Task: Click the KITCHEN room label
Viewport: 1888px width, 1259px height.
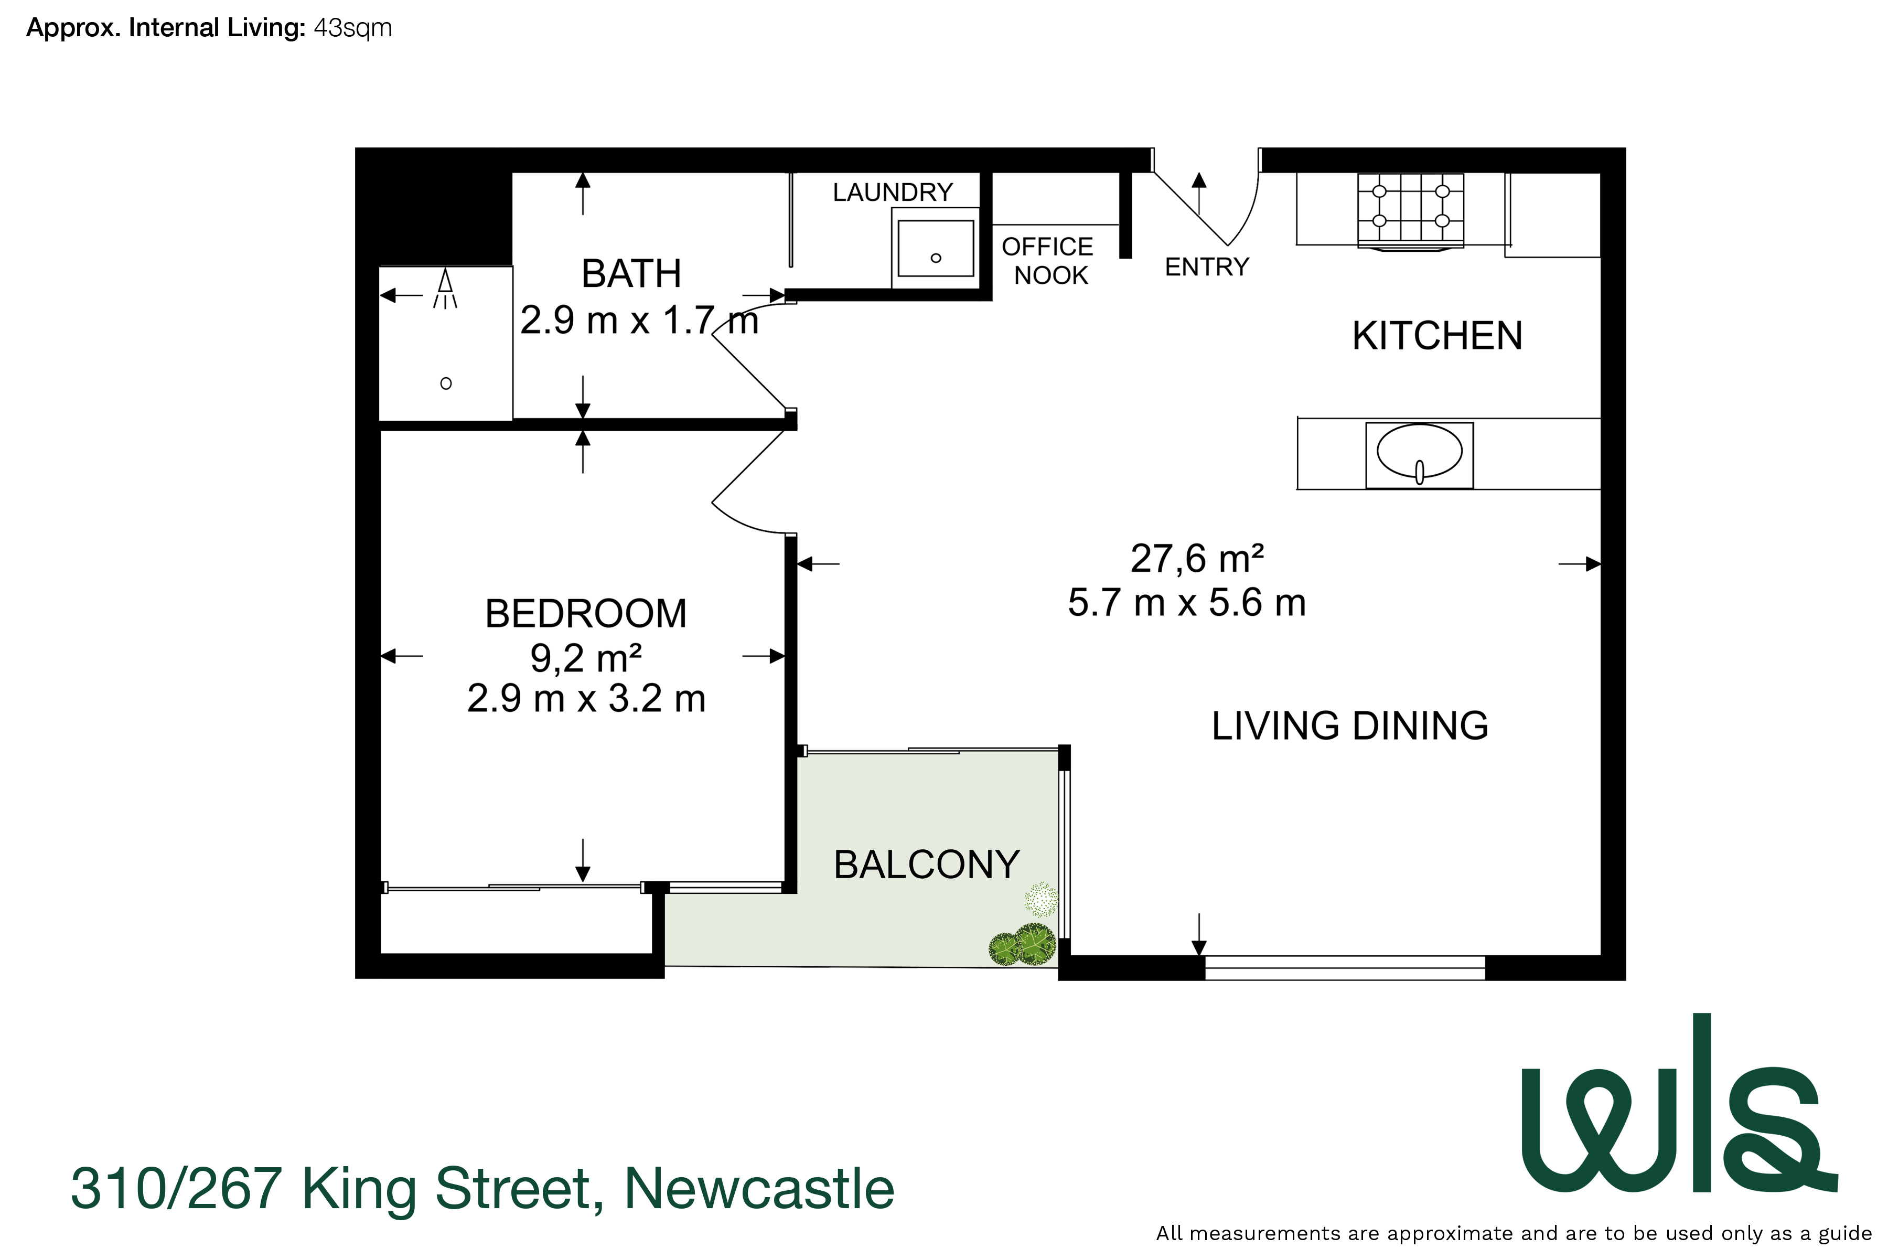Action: point(1437,336)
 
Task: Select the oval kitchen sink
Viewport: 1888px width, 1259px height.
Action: point(1419,452)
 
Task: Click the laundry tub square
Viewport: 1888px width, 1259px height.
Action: point(935,249)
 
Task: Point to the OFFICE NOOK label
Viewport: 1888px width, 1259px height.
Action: point(1048,260)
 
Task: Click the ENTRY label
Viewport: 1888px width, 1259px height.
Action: point(1207,266)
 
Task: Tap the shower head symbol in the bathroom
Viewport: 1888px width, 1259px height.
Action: point(445,288)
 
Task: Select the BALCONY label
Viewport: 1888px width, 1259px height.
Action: point(926,865)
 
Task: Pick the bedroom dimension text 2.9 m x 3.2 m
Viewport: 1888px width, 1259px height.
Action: point(586,699)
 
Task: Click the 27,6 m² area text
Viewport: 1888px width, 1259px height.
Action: point(1196,558)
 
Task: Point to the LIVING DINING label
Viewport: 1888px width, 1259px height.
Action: point(1349,726)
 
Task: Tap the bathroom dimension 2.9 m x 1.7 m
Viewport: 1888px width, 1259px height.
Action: point(639,321)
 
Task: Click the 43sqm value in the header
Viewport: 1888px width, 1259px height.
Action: point(352,28)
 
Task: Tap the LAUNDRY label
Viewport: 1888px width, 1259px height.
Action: point(893,192)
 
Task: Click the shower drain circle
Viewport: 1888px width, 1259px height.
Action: point(446,384)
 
